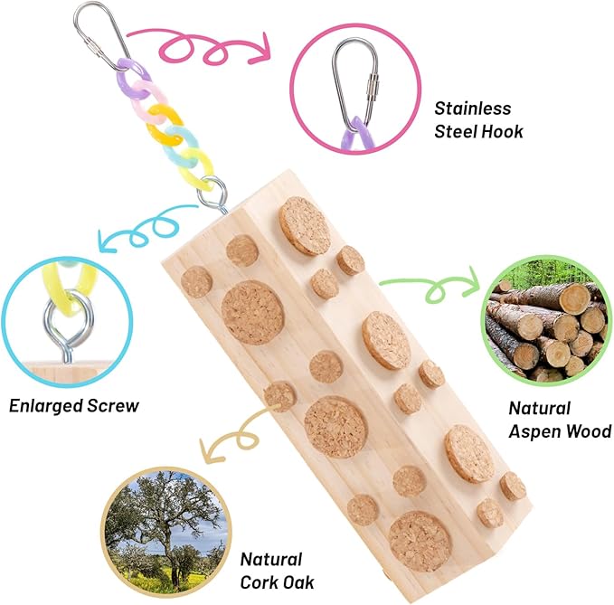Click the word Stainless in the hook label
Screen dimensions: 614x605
click(x=473, y=109)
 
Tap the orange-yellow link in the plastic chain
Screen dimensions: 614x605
click(x=164, y=124)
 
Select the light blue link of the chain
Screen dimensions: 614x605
click(x=180, y=146)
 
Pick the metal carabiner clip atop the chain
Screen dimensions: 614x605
click(x=102, y=36)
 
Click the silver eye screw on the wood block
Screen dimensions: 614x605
click(x=213, y=194)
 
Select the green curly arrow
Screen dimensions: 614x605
click(x=430, y=285)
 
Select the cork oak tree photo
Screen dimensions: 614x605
click(x=166, y=532)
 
